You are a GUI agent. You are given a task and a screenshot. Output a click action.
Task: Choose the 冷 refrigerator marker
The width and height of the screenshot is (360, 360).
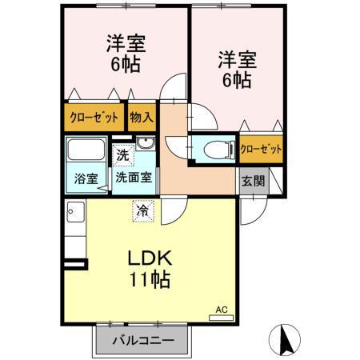[142, 212]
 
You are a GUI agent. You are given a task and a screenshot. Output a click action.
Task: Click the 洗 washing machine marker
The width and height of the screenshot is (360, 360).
[122, 154]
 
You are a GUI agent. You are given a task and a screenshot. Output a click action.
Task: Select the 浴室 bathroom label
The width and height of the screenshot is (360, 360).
[86, 178]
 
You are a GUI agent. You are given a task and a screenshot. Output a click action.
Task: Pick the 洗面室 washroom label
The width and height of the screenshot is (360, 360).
[133, 178]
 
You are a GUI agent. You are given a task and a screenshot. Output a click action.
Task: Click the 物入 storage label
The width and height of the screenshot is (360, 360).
[141, 118]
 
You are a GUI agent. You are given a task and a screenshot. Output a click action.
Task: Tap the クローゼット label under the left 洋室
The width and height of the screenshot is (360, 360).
[94, 118]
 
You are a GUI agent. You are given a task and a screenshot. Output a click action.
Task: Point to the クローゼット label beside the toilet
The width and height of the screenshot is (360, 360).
[261, 149]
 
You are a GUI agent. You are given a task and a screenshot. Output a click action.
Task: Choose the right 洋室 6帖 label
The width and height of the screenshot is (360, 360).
[235, 69]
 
